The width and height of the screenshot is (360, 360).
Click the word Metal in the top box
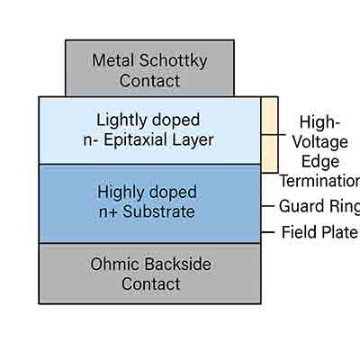coord(113,60)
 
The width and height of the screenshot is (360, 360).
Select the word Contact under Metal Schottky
coord(149,81)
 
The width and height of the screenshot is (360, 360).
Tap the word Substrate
coord(161,211)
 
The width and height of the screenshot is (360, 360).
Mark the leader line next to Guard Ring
coord(267,206)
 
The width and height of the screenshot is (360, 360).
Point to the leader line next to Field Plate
coord(267,232)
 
